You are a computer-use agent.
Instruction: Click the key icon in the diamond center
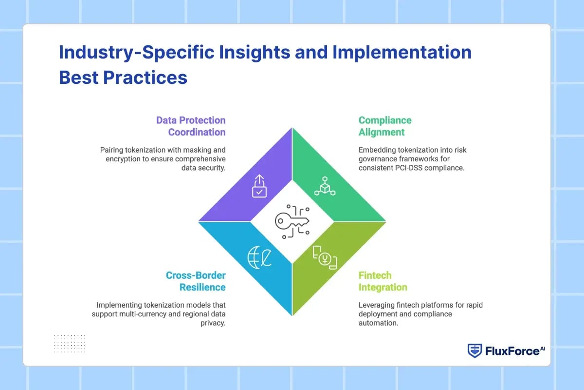(x=292, y=222)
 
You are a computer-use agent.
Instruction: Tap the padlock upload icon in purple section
(x=259, y=186)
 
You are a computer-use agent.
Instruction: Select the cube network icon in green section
(x=325, y=186)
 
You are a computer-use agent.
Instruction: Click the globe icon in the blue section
(x=259, y=257)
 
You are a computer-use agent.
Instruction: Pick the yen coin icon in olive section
(x=325, y=257)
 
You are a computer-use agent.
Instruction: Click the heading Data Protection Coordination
(x=191, y=126)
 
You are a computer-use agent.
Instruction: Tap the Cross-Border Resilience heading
(x=196, y=281)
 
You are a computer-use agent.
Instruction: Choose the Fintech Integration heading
(x=383, y=281)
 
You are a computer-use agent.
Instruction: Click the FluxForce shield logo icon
(x=475, y=351)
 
